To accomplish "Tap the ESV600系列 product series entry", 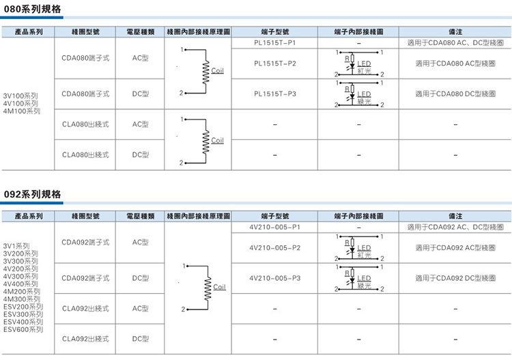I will point(23,329).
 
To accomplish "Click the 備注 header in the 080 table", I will point(455,31).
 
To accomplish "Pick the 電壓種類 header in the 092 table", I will point(141,215).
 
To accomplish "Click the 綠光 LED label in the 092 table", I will point(363,286).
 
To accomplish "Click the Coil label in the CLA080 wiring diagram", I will point(217,141).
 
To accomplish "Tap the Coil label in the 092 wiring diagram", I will point(218,287).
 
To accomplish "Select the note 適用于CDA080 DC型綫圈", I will point(455,94).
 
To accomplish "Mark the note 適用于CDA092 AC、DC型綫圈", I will point(455,226).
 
